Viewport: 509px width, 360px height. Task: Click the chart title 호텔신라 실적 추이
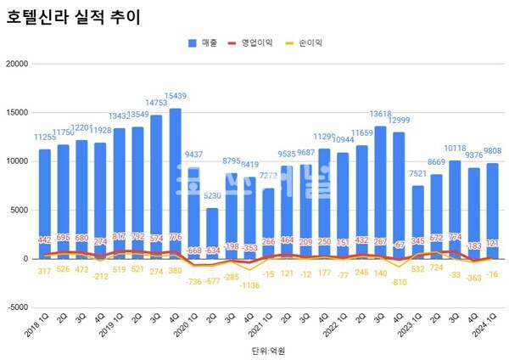click(x=74, y=16)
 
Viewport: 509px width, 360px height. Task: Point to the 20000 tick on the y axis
click(x=17, y=64)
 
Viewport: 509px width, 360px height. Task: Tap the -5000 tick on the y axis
click(x=17, y=308)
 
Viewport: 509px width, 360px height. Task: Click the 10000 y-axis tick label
click(x=17, y=161)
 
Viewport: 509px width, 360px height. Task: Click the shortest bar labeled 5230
click(x=212, y=233)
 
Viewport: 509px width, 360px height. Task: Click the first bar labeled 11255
click(x=45, y=204)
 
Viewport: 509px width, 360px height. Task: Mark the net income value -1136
click(x=249, y=284)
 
